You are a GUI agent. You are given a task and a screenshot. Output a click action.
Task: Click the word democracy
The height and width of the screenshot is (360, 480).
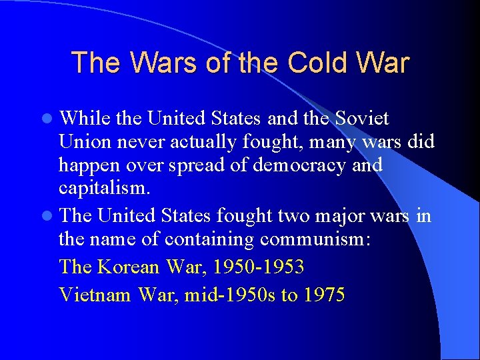(304, 165)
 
